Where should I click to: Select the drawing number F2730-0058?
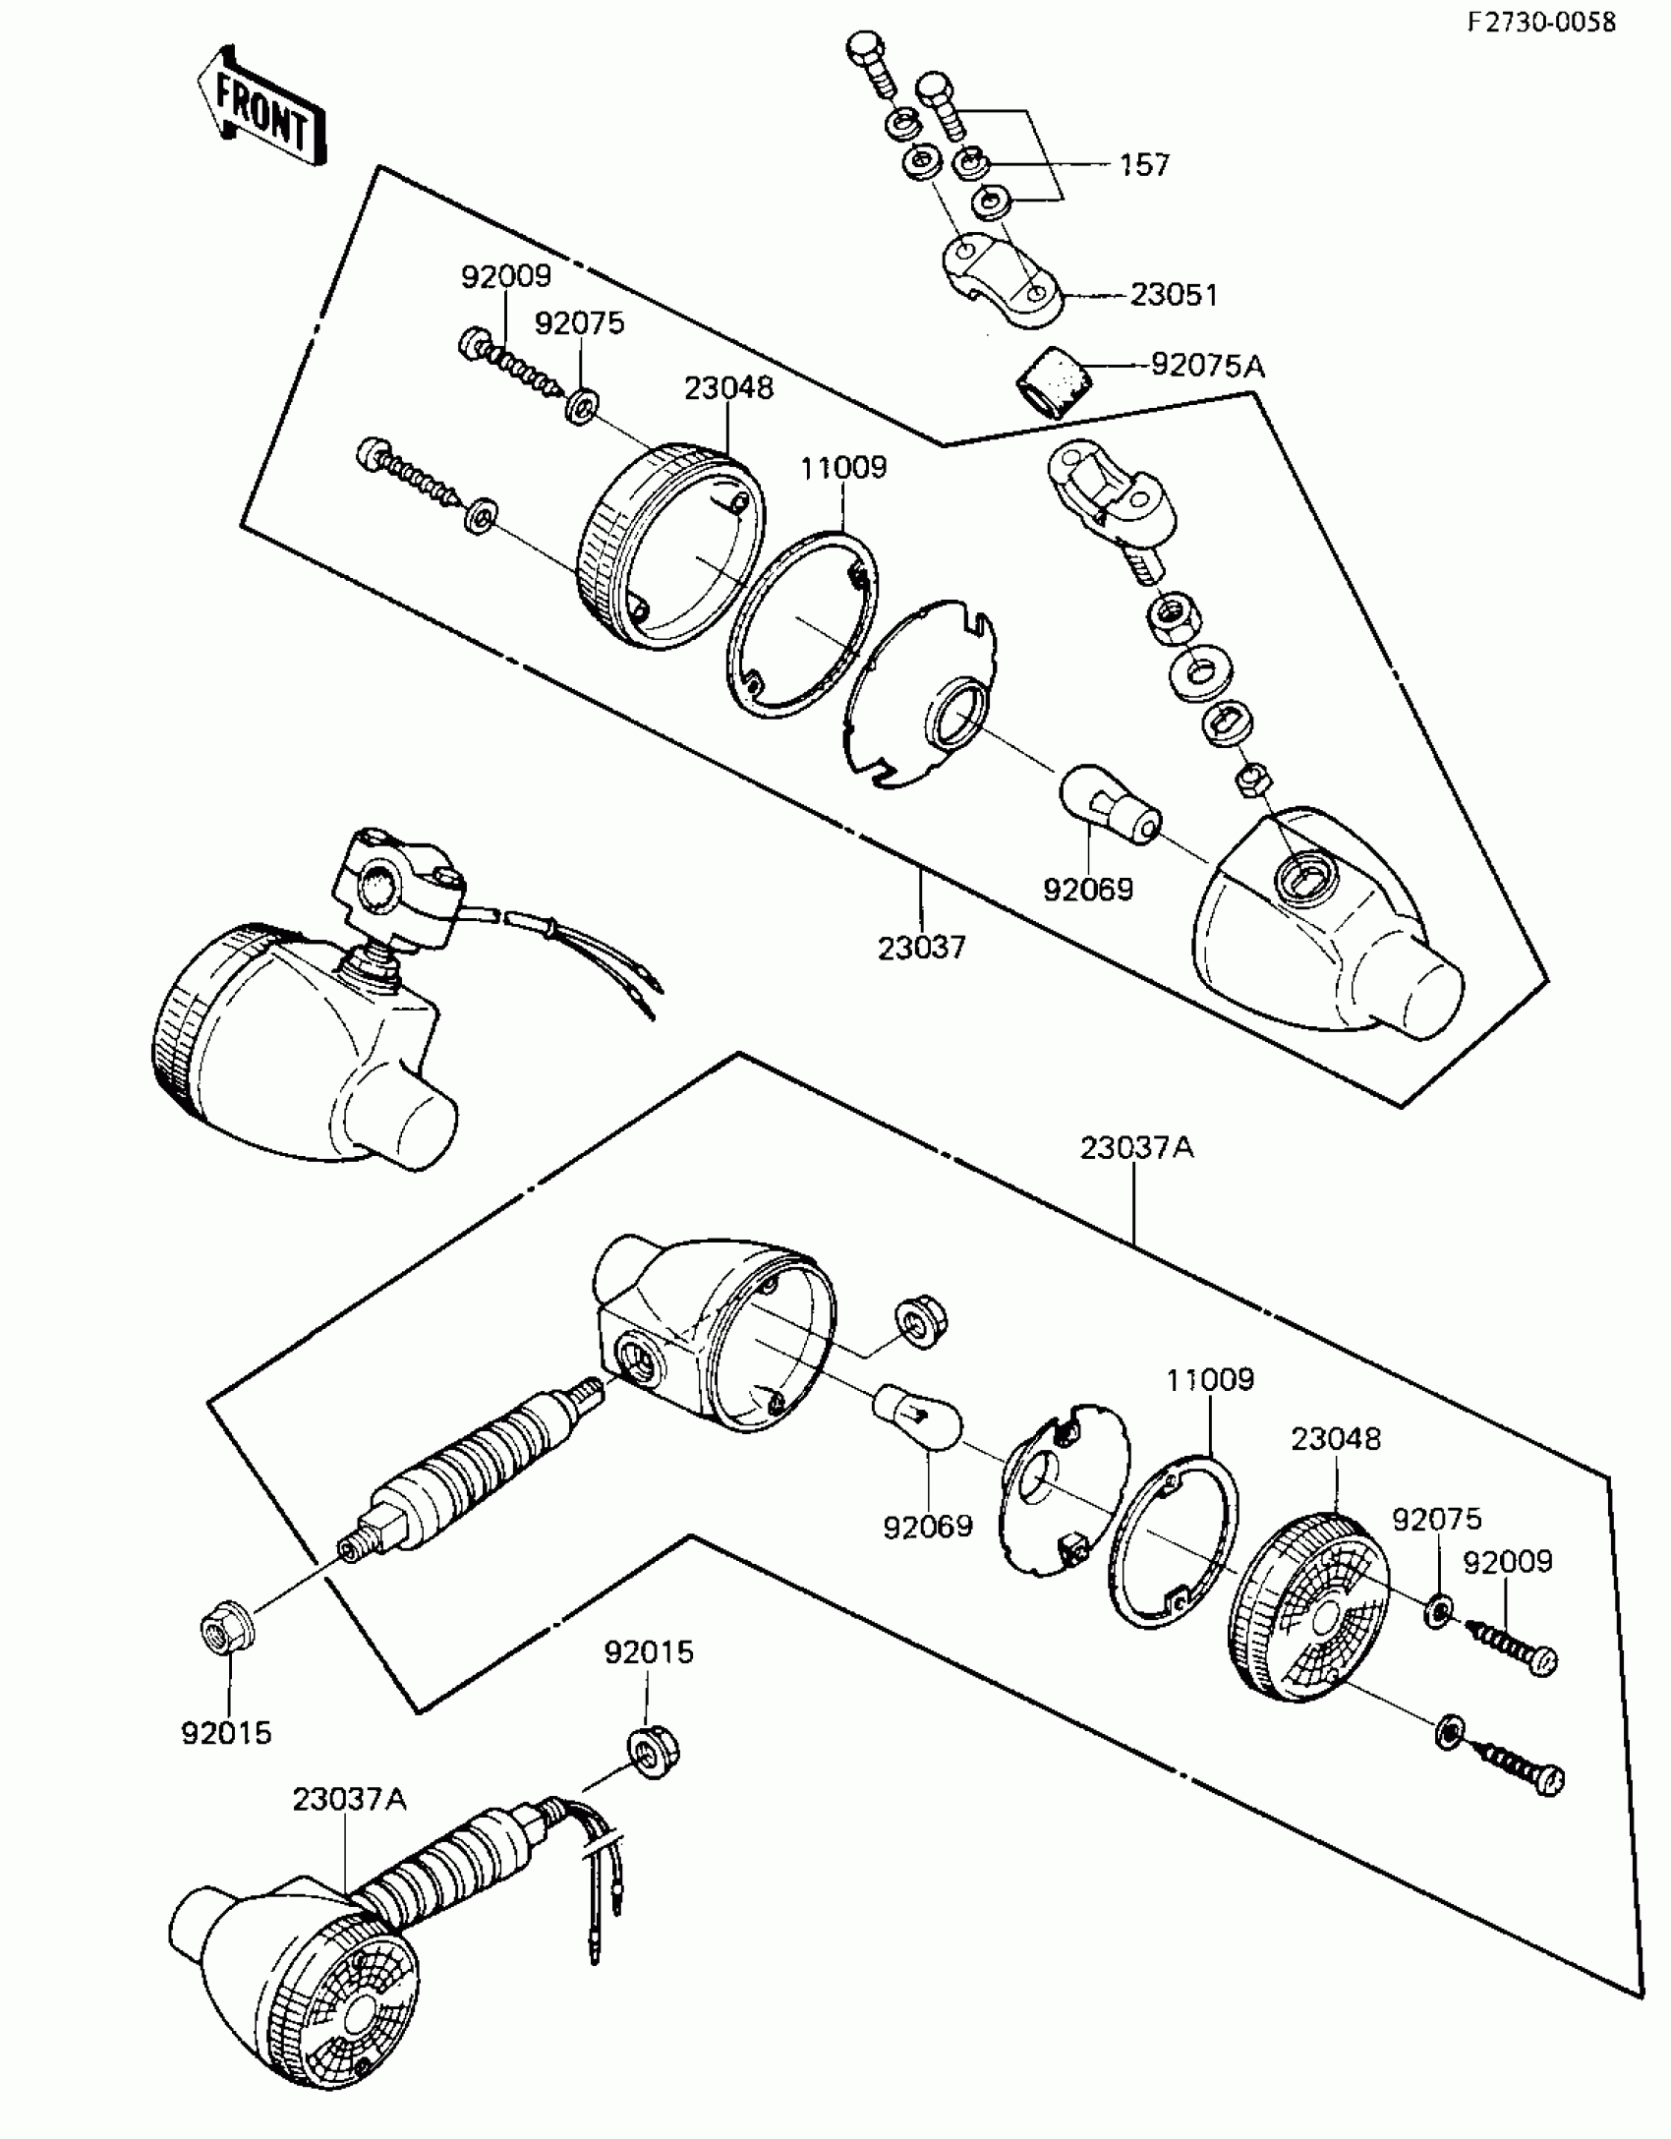tap(1541, 22)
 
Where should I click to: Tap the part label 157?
tap(1144, 164)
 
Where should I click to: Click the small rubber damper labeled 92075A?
tap(1052, 385)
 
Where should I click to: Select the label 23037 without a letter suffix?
tap(921, 948)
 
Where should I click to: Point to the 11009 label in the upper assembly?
tap(842, 467)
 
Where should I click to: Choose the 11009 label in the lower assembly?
tap(1210, 1380)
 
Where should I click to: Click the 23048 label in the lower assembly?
tap(1336, 1439)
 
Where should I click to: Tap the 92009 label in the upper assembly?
tap(506, 277)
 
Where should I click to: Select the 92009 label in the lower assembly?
tap(1508, 1562)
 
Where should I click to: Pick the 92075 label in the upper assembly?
tap(579, 323)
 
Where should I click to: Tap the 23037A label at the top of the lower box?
tap(1136, 1147)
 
